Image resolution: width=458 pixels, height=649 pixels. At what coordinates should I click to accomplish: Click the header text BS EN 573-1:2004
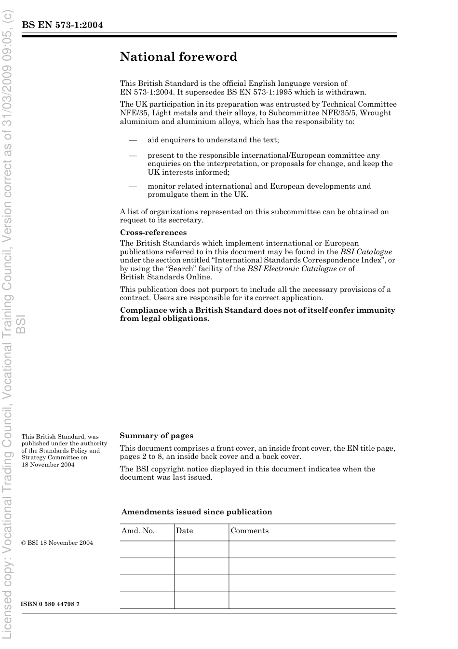(x=62, y=25)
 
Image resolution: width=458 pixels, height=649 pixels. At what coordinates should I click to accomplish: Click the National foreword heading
(x=178, y=57)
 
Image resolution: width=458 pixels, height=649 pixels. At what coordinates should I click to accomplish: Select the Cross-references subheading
(x=153, y=233)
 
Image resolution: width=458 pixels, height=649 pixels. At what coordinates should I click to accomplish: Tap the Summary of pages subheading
(x=156, y=436)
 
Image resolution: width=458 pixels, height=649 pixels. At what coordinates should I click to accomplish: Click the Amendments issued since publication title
(x=197, y=512)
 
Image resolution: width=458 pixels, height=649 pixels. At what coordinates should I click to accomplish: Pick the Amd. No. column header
(x=138, y=531)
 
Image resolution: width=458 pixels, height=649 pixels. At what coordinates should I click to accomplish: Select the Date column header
(x=184, y=531)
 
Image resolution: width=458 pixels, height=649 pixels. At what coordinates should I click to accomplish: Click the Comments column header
(x=249, y=531)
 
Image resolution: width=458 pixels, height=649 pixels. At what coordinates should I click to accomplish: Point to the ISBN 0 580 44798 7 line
(x=50, y=604)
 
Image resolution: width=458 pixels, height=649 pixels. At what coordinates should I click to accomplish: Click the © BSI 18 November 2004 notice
(x=57, y=543)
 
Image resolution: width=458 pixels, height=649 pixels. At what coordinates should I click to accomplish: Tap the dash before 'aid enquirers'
(x=133, y=140)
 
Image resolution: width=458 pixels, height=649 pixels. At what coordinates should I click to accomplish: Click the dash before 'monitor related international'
(x=133, y=187)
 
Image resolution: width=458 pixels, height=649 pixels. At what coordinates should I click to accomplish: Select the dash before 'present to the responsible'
(x=133, y=156)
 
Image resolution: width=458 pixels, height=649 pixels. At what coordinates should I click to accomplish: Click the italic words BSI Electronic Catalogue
(x=292, y=269)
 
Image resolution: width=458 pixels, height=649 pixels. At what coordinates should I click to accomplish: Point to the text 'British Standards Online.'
(x=166, y=277)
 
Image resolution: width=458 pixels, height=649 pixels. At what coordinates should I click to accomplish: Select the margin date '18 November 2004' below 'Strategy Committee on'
(x=48, y=465)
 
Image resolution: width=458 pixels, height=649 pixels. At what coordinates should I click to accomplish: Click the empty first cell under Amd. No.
(x=147, y=549)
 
